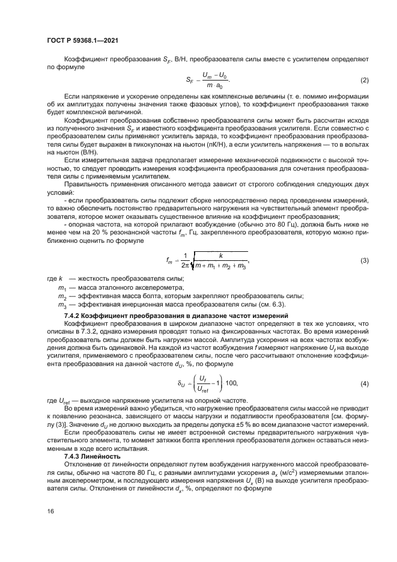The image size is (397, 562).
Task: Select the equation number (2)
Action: point(363,80)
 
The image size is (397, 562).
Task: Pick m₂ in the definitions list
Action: point(61,297)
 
